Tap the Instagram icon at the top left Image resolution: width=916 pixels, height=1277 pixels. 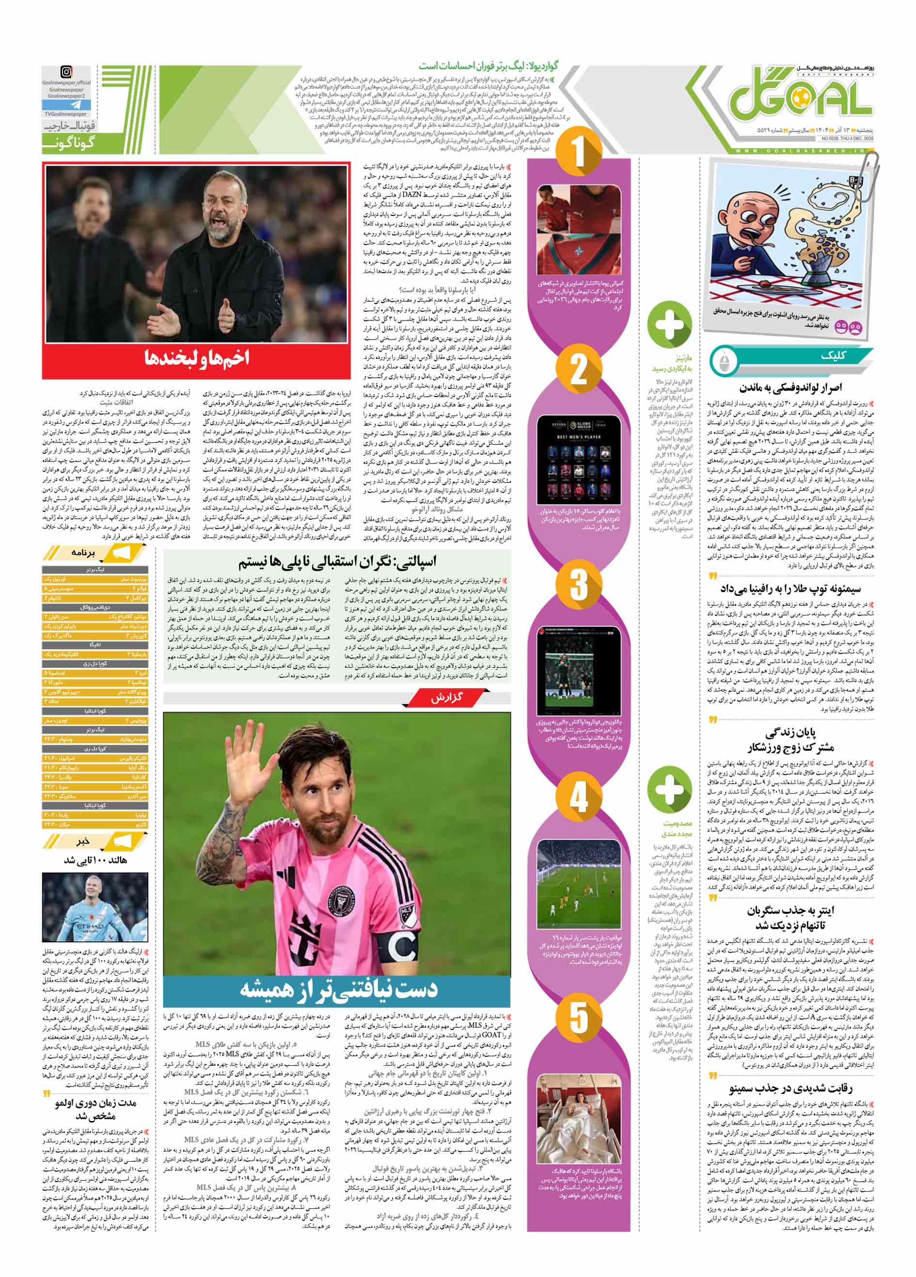(66, 72)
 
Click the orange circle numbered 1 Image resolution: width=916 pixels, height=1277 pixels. (579, 152)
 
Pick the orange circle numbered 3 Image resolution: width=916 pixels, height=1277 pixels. (579, 584)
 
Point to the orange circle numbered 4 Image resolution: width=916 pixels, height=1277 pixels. (579, 796)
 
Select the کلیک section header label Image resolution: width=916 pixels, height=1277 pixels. (833, 355)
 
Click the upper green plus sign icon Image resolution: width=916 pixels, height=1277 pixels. (669, 325)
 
